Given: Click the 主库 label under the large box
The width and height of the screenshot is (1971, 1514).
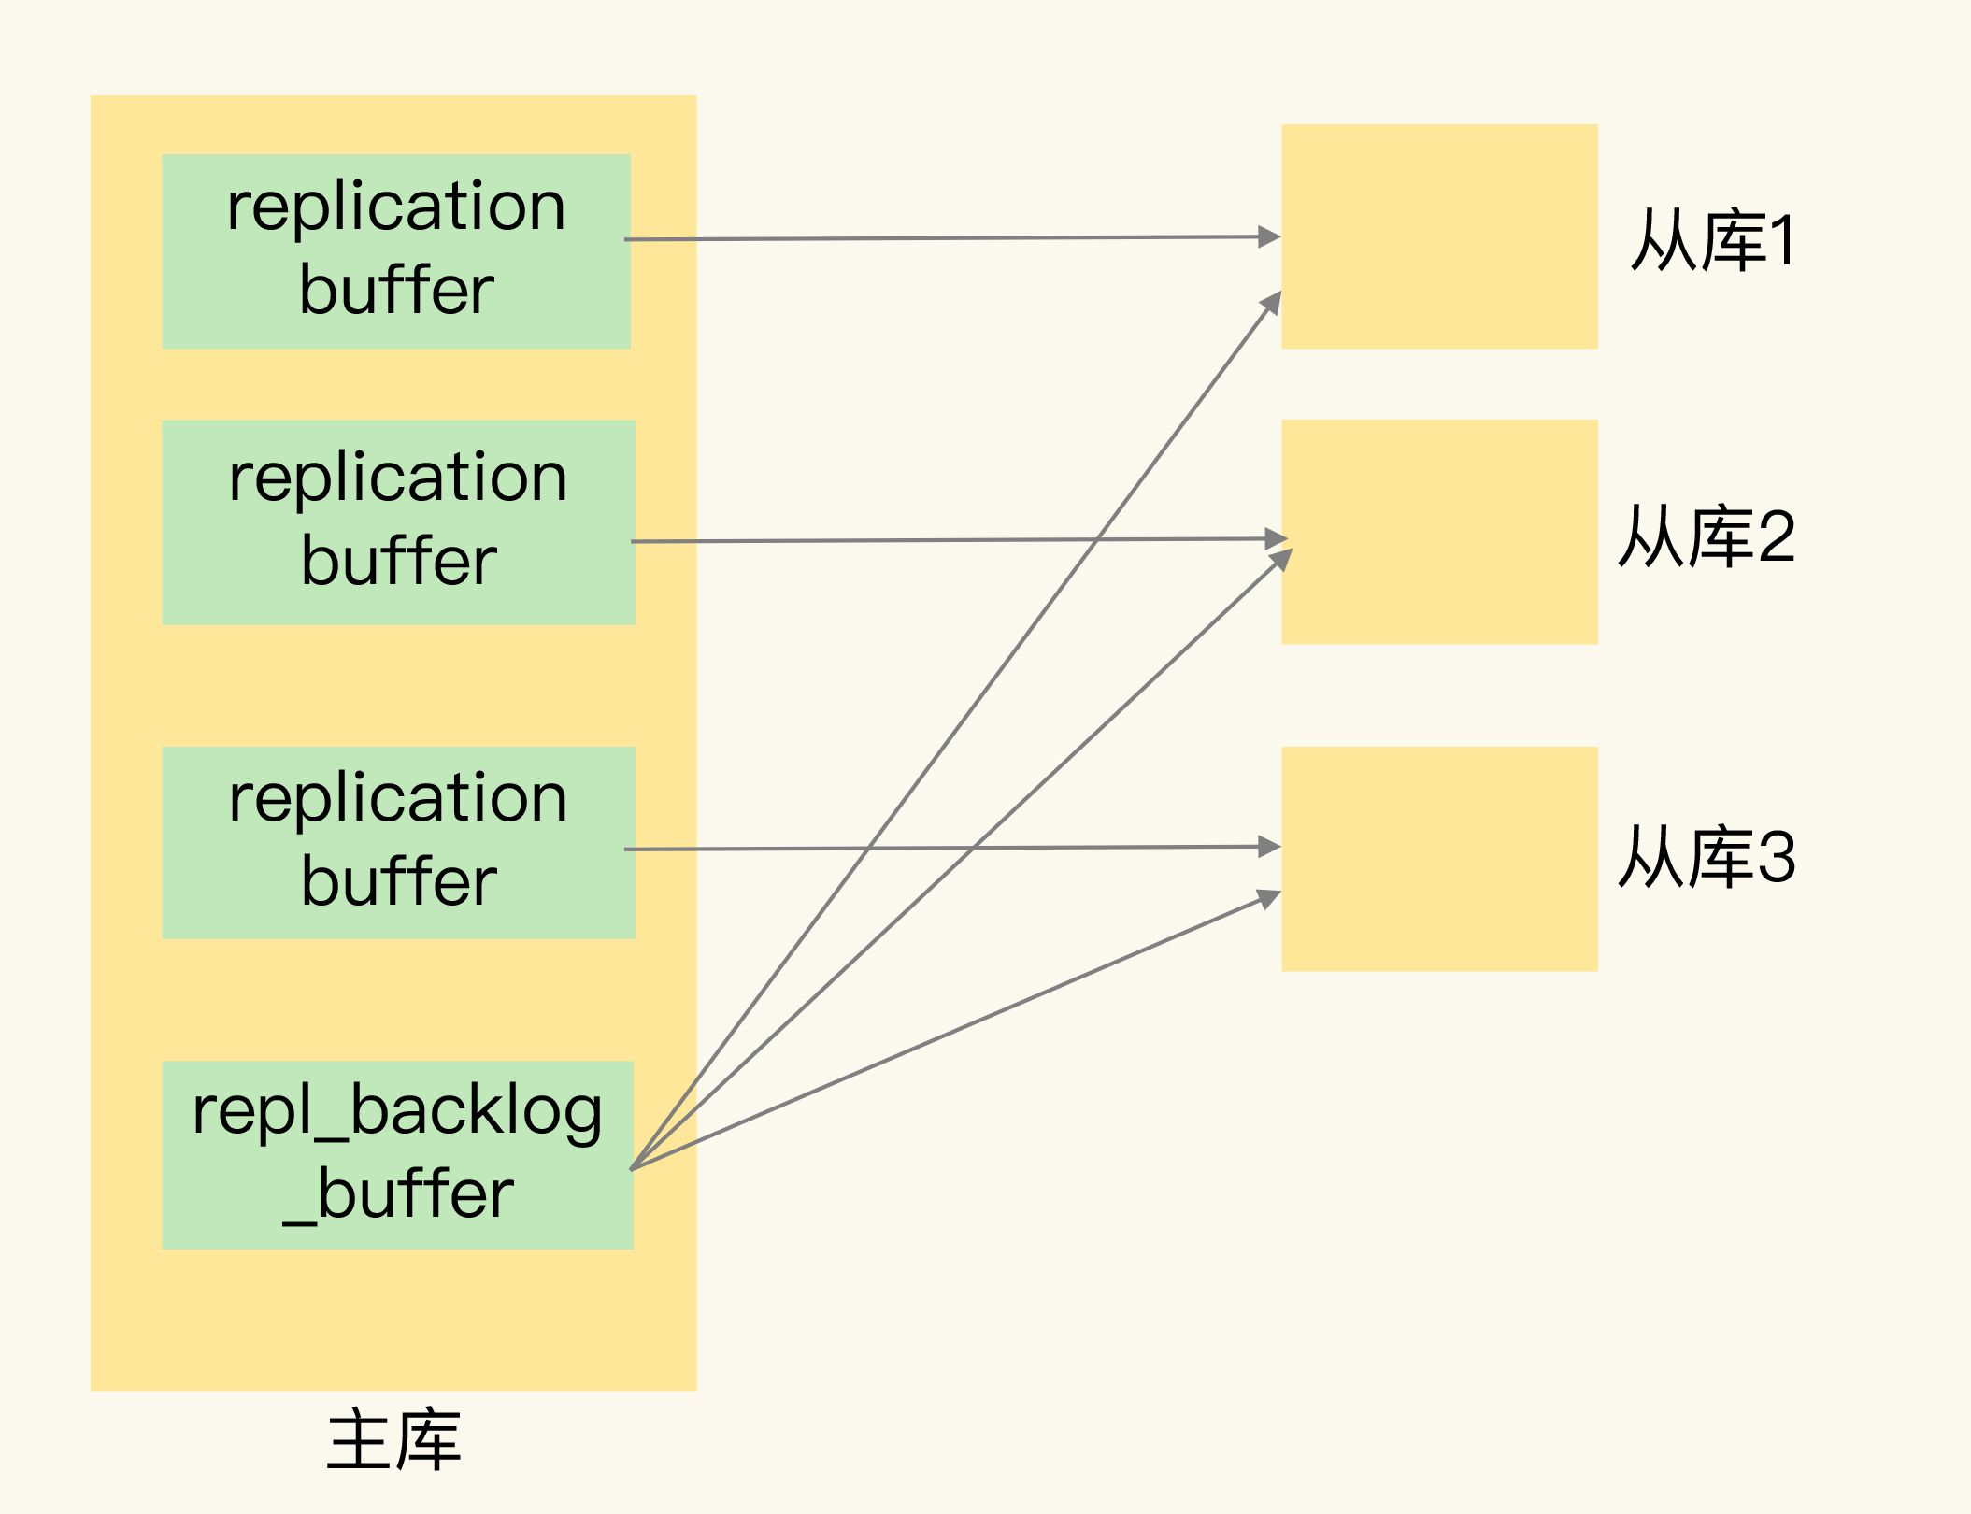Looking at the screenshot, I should tap(393, 1441).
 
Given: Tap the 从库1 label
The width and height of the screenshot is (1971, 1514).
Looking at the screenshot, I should tap(1712, 241).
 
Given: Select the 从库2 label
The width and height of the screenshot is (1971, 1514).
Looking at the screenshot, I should tap(1707, 536).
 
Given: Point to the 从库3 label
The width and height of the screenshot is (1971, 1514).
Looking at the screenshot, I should tap(1707, 857).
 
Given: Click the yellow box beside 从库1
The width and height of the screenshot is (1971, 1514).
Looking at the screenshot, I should tap(1438, 236).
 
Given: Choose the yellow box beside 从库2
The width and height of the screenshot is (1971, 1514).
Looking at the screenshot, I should tap(1438, 532).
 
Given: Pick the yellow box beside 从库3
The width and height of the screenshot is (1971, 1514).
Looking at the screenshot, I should tap(1438, 859).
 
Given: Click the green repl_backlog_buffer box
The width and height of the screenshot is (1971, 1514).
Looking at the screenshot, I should tap(397, 1155).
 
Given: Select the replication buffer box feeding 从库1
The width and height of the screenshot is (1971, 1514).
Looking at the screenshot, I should tap(396, 251).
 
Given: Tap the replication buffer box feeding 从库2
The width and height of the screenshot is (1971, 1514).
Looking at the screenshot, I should tap(398, 522).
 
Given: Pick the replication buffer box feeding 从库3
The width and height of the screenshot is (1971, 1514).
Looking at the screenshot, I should tap(398, 843).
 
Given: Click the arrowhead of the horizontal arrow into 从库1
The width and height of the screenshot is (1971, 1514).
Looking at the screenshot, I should tap(1269, 236).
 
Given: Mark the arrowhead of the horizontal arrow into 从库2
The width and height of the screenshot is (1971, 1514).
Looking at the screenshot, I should tap(1276, 538).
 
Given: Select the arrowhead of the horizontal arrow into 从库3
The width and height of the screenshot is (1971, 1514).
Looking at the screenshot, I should tap(1269, 847).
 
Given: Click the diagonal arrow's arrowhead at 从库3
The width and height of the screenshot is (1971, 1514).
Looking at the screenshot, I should tap(1269, 899).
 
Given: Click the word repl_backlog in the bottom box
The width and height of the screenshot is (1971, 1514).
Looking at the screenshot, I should tap(397, 1112).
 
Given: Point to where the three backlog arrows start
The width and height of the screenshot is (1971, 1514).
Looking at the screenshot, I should tap(633, 1168).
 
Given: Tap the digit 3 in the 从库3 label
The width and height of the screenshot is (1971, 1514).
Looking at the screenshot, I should tap(1777, 857).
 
